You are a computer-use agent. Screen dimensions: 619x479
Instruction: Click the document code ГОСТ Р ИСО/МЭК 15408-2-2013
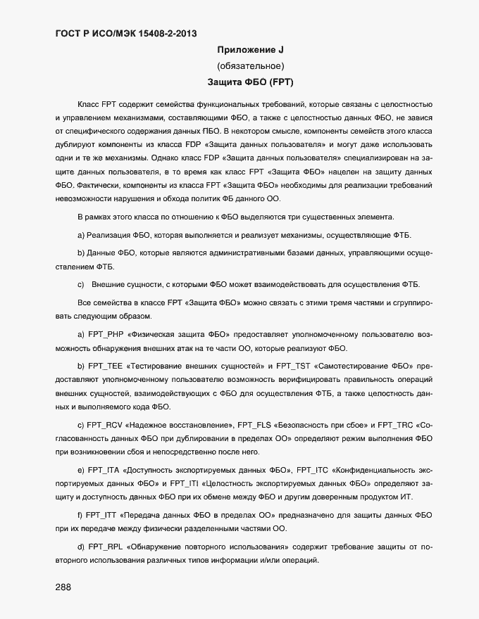[125, 33]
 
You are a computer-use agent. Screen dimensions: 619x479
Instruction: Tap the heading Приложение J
[250, 50]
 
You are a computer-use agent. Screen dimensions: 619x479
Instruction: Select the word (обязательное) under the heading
[250, 66]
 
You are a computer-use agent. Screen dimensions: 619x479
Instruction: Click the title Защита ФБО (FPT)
[250, 82]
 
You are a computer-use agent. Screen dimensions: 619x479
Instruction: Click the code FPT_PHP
[106, 333]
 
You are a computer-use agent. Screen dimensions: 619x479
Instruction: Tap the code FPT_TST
[293, 366]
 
